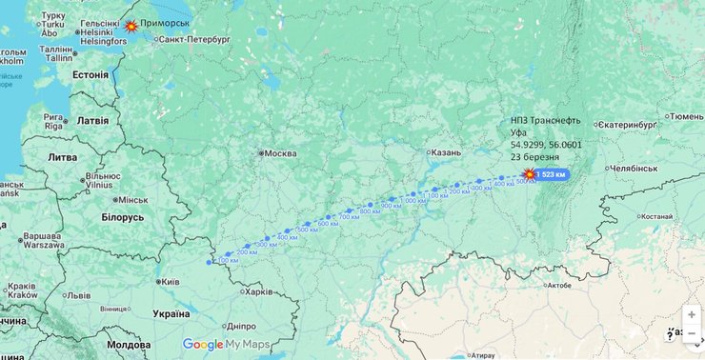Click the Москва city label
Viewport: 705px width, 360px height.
[279, 153]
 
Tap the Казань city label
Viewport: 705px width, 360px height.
[445, 152]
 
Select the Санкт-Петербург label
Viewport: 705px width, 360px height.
[194, 41]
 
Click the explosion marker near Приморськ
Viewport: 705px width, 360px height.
[131, 26]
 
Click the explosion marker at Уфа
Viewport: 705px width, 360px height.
[529, 174]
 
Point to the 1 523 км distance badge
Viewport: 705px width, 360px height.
[552, 174]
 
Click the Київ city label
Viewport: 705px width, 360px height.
[171, 282]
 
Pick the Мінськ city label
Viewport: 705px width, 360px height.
[131, 200]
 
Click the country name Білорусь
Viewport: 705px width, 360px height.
[122, 217]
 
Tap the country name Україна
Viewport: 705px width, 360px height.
[171, 313]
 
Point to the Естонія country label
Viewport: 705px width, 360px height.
[91, 74]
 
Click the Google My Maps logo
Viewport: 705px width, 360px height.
[226, 345]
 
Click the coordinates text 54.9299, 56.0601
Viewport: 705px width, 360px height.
[546, 145]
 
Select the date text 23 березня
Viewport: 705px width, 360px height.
[534, 157]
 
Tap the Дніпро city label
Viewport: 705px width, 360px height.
[241, 326]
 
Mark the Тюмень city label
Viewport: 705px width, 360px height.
[686, 116]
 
